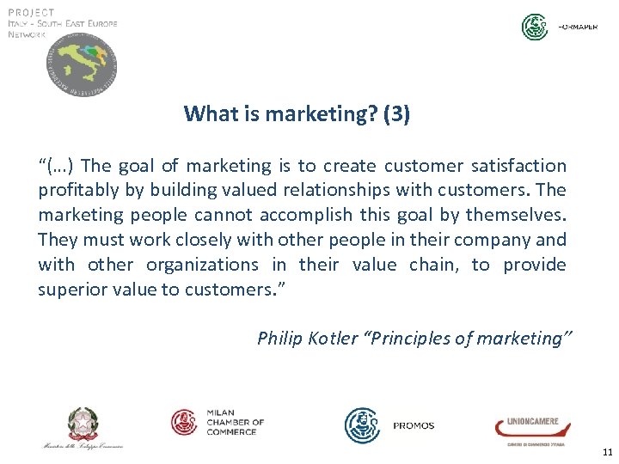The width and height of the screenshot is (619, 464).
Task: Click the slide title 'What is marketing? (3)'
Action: click(x=297, y=113)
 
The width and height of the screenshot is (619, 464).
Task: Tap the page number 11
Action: click(x=607, y=452)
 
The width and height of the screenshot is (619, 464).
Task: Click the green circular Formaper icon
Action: click(x=535, y=27)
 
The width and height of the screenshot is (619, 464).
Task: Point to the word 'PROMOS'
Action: click(x=414, y=425)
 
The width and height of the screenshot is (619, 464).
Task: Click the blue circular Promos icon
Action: click(x=362, y=425)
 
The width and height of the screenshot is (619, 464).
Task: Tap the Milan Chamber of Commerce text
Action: click(x=235, y=422)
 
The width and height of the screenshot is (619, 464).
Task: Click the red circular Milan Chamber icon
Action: click(x=184, y=422)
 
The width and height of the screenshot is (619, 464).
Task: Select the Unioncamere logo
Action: click(x=526, y=427)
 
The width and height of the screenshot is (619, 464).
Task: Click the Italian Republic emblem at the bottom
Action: click(x=83, y=424)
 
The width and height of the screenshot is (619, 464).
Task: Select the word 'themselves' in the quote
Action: click(x=522, y=215)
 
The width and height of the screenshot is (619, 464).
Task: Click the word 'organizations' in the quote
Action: click(x=202, y=265)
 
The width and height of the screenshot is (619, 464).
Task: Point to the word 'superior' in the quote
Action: click(x=69, y=290)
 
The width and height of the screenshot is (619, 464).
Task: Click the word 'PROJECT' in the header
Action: click(x=31, y=12)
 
